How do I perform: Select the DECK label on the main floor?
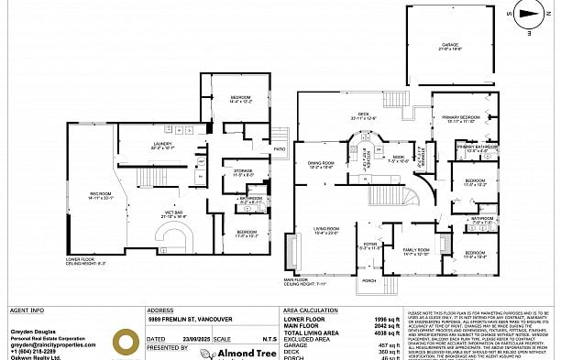click(351, 115)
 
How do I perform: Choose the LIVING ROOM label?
click(325, 230)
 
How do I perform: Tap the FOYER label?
click(370, 245)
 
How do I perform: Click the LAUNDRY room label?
click(161, 145)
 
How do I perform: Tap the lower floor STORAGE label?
click(242, 170)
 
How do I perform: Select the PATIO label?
click(279, 148)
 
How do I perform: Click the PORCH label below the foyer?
click(369, 280)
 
